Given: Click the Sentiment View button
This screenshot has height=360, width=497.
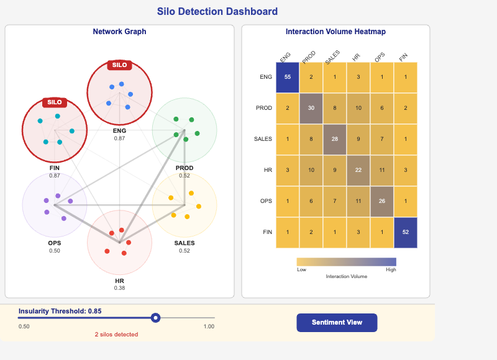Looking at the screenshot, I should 337,323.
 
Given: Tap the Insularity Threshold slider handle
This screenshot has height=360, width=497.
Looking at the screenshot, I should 156,318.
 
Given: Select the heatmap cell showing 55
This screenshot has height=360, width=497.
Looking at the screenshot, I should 288,77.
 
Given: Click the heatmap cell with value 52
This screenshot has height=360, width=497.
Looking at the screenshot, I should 406,232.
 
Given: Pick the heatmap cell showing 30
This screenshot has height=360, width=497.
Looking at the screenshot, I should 311,108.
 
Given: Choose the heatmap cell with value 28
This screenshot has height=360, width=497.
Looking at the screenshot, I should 335,139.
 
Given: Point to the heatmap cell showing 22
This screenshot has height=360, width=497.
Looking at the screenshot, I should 358,170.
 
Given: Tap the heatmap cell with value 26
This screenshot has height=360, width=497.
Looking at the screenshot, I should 382,201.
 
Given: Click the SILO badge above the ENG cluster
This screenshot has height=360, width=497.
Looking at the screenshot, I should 119,65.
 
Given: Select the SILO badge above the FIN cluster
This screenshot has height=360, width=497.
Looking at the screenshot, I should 55,102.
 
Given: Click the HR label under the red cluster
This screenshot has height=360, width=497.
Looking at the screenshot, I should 119,281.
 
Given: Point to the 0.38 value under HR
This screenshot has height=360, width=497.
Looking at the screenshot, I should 119,288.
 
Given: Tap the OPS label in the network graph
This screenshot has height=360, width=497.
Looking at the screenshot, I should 55,243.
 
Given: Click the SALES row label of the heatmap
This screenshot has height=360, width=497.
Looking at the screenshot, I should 263,139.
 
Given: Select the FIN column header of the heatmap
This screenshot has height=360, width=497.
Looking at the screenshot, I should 404,56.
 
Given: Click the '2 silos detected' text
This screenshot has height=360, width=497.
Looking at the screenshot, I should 116,335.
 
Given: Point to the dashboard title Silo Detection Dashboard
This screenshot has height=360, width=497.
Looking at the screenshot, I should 217,12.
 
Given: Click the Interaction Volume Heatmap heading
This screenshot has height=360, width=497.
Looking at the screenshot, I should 335,32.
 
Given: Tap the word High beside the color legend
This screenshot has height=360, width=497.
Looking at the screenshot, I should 391,270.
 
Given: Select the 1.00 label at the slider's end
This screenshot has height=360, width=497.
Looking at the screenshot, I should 209,326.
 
